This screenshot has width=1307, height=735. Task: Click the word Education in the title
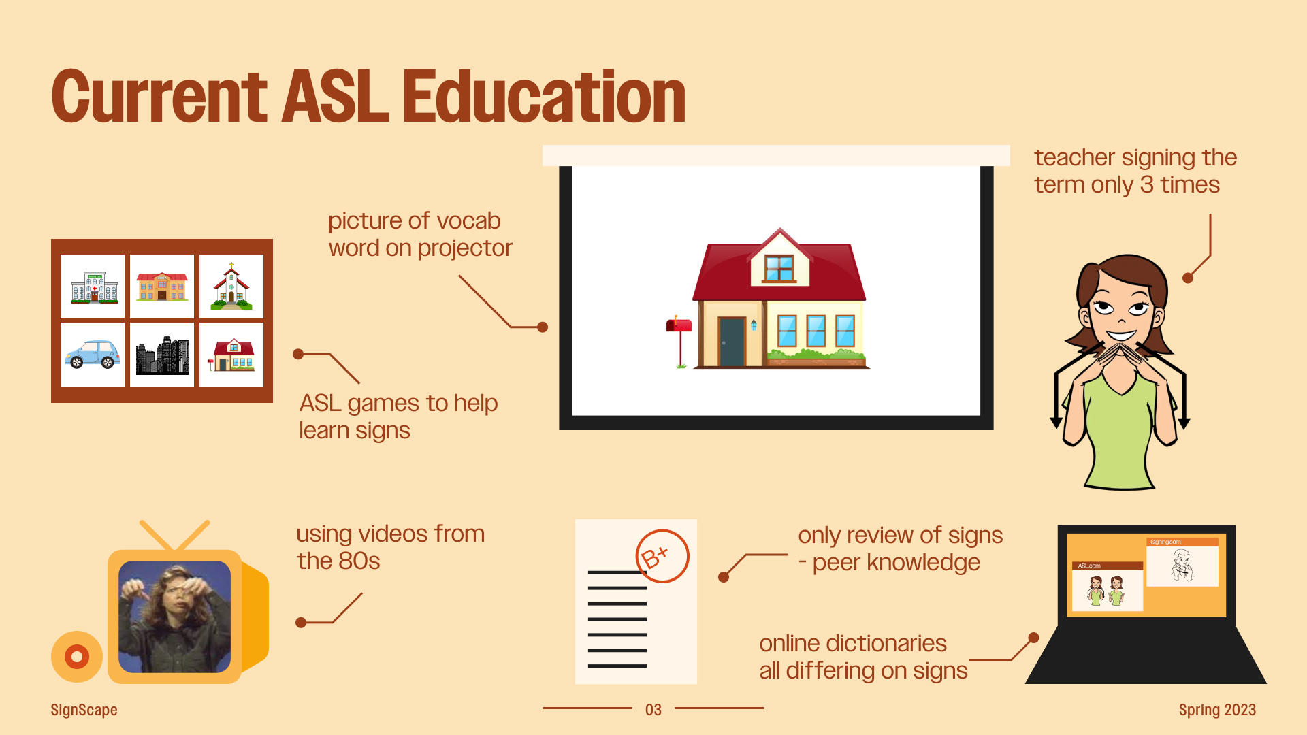pos(544,97)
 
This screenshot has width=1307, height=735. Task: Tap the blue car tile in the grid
pos(93,355)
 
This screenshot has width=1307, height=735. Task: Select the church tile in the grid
pos(231,287)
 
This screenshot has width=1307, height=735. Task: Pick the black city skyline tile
pos(162,355)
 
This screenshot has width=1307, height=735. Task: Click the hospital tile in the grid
pos(93,287)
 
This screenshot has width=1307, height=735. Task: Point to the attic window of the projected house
pos(779,268)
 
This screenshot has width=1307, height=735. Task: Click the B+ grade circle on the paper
pos(662,556)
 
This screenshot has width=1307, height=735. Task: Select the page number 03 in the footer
pos(653,710)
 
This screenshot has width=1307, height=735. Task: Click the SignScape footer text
pos(84,710)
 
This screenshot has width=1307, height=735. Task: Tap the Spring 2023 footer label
pos(1217,710)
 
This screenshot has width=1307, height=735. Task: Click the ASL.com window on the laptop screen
pos(1108,586)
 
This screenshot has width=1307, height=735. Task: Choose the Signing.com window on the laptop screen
pos(1182,562)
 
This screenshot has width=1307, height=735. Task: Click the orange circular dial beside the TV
pos(77,657)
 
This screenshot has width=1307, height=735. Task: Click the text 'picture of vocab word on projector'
pos(420,234)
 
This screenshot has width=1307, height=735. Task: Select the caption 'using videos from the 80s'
pos(390,547)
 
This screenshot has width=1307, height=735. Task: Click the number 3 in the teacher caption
pos(1147,185)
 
